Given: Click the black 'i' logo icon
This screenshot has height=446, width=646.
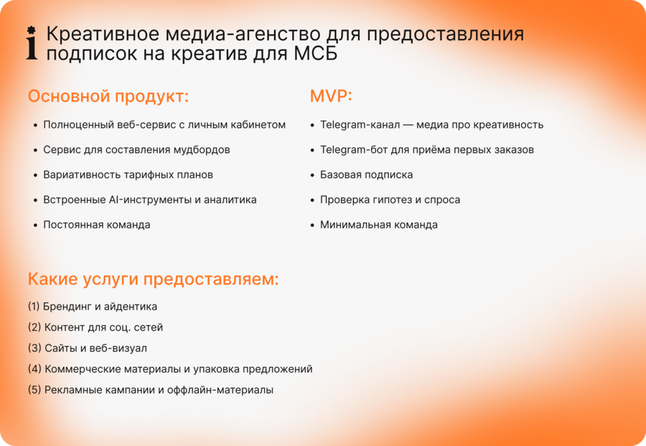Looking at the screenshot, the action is click(x=32, y=43).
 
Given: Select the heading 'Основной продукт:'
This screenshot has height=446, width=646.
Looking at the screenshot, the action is click(x=108, y=96).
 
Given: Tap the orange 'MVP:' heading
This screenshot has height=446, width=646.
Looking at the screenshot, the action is click(x=331, y=96).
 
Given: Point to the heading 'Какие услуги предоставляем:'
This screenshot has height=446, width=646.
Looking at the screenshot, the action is click(x=154, y=279).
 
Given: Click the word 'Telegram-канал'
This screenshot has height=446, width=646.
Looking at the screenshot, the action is click(x=360, y=125).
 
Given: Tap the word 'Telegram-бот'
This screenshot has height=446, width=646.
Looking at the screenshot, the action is click(x=354, y=150).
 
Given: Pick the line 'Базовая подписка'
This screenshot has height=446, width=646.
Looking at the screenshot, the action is click(x=366, y=175).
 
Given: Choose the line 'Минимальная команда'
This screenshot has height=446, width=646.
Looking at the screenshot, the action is click(x=378, y=225).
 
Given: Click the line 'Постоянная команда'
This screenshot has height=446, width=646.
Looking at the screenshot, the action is click(x=97, y=225).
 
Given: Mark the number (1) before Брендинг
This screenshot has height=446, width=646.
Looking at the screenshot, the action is click(x=34, y=307).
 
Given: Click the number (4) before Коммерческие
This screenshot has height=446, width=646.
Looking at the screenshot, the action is click(x=34, y=369).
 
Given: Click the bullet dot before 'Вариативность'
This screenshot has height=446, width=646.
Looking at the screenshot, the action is click(x=35, y=175).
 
